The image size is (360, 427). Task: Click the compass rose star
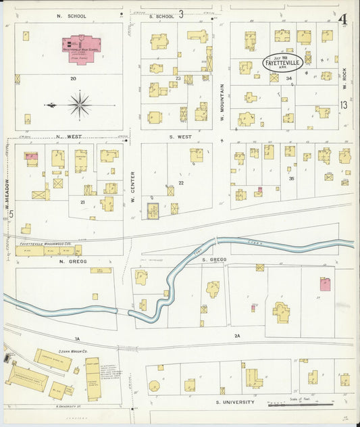80,105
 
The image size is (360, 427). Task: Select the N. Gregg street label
70,261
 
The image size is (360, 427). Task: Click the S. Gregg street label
217,259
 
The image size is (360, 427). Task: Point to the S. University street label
235,402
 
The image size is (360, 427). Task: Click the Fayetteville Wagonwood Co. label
45,242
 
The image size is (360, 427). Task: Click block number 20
72,78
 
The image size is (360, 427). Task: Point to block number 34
289,79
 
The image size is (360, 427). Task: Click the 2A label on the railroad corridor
237,336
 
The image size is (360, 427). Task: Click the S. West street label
181,136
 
